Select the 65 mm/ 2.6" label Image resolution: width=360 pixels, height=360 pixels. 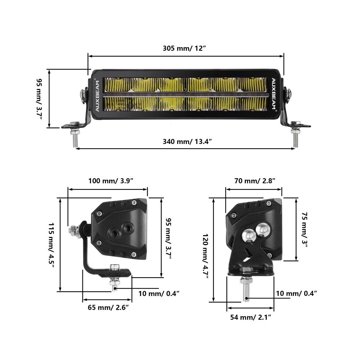coord(108,307)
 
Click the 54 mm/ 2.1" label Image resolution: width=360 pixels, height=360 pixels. coord(251,317)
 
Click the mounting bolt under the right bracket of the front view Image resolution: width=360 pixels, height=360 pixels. coord(295,137)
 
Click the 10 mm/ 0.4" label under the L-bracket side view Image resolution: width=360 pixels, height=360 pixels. coord(159,293)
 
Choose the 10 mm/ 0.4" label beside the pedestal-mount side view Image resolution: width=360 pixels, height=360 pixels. coord(296,293)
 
